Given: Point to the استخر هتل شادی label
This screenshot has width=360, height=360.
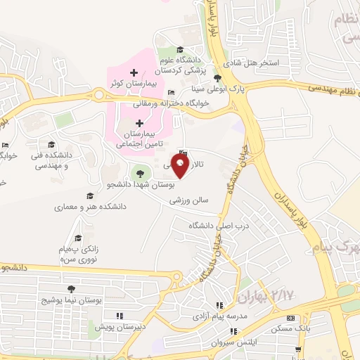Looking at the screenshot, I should (x=270, y=63).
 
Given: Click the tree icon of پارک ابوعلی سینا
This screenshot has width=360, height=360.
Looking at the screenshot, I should (x=217, y=79).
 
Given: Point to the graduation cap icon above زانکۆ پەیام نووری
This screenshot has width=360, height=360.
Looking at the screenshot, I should (x=78, y=238).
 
